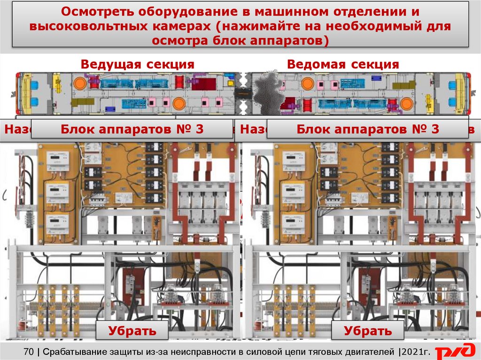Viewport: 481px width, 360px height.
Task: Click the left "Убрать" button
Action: pos(132,331)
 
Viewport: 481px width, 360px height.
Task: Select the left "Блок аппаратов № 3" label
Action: pos(132,130)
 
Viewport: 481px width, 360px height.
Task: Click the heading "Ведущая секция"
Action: pos(137,64)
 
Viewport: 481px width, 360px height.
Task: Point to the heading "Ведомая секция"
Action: pos(343,64)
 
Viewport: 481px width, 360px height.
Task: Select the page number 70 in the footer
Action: pos(29,351)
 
